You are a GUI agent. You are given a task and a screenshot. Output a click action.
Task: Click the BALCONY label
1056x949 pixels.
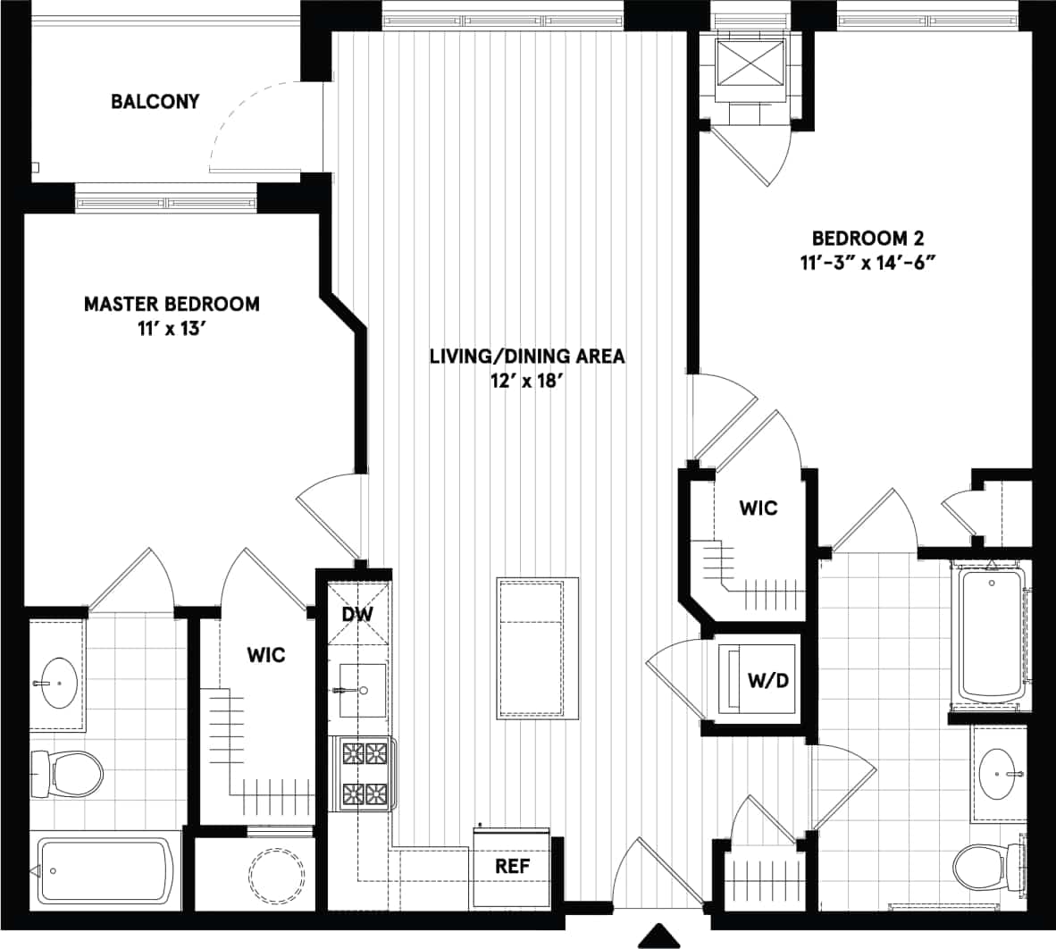coord(155,101)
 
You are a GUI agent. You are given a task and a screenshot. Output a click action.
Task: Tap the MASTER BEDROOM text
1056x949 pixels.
coord(172,304)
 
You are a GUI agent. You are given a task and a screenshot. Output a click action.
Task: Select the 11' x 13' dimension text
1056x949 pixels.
coord(172,329)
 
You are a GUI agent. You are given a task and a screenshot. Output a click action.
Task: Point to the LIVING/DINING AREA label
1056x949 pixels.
coord(527,357)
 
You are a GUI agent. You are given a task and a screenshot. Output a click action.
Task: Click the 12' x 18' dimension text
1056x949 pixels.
coord(527,382)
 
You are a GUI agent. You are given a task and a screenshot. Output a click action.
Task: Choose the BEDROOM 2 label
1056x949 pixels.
coord(867,239)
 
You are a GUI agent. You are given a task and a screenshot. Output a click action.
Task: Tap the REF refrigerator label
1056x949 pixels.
coord(512,866)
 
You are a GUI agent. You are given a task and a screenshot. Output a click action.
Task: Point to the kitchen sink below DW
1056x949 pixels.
coord(362,690)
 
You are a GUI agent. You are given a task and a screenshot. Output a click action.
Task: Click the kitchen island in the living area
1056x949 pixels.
coord(537,648)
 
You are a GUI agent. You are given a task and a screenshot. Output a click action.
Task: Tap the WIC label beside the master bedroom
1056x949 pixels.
coord(265,655)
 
